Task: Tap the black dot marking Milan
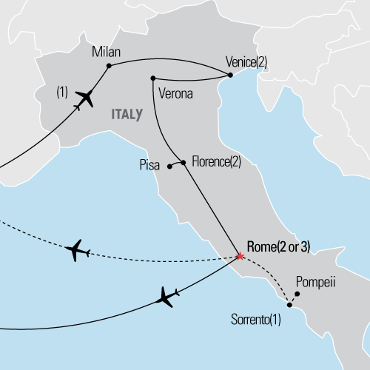[109, 66]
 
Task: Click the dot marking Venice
[226, 73]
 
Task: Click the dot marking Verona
[152, 78]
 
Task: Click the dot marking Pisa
[169, 166]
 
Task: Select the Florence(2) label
[217, 161]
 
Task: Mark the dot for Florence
[183, 162]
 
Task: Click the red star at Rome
[240, 256]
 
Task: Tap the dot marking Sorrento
[289, 305]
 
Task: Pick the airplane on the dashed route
[78, 251]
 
